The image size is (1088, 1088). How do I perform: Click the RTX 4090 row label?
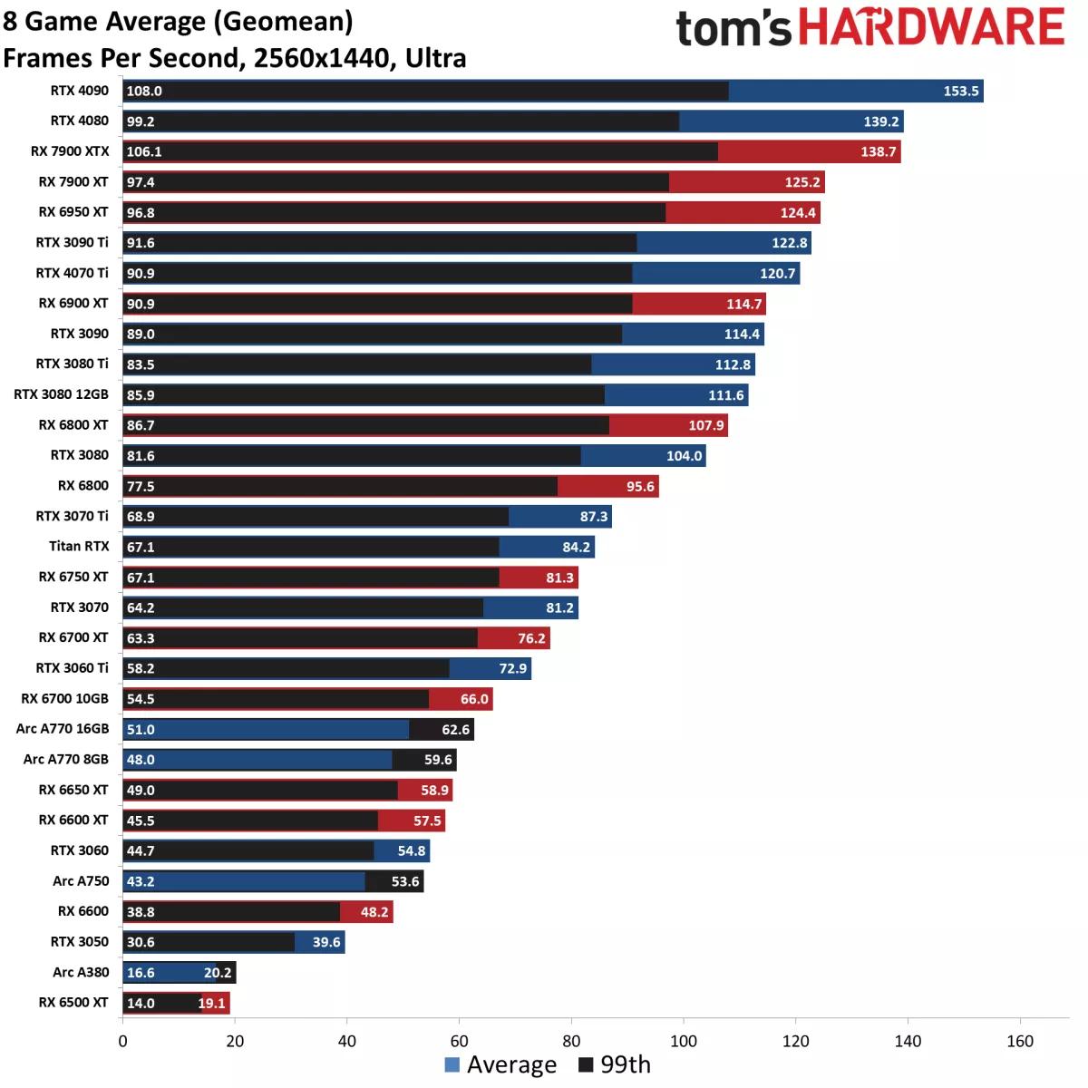(x=79, y=91)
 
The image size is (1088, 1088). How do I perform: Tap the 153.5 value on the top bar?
(x=961, y=92)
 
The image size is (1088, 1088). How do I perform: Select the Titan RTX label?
(x=79, y=547)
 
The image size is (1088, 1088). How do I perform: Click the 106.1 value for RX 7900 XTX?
(x=144, y=152)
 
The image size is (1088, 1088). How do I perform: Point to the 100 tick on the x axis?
(x=684, y=1042)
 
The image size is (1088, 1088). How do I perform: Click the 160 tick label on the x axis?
(x=1020, y=1042)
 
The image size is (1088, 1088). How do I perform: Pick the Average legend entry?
(x=500, y=1065)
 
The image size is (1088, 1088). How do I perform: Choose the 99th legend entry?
(x=615, y=1065)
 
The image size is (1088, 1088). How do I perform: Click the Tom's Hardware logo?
(x=869, y=28)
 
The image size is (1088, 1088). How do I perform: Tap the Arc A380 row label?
(x=81, y=973)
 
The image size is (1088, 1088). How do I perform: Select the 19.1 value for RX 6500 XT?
(x=211, y=1004)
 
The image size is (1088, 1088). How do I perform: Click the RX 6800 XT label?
(x=73, y=425)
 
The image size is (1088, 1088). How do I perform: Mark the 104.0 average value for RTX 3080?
(x=685, y=456)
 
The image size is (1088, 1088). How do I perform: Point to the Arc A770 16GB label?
(x=63, y=729)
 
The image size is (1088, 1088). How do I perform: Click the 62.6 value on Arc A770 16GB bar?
(x=455, y=730)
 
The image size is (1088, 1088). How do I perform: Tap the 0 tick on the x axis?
(x=123, y=1042)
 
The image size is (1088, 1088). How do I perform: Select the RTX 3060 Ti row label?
(x=72, y=668)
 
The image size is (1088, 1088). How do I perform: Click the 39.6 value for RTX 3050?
(x=326, y=943)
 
